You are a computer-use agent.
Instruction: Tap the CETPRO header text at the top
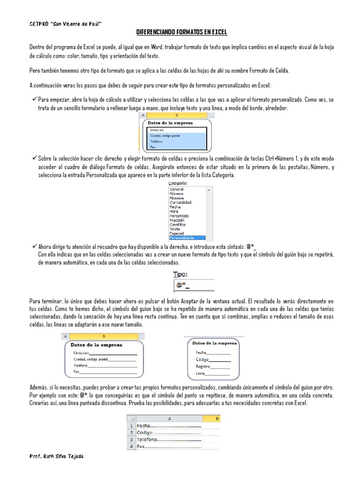[65, 23]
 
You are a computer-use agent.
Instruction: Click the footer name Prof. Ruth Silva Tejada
[57, 456]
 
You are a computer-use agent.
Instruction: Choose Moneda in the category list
[177, 198]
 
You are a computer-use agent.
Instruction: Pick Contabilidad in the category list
[180, 202]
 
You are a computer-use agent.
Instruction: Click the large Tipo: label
[183, 274]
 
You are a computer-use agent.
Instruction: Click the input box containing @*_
[194, 285]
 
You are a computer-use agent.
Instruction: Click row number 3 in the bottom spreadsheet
[131, 440]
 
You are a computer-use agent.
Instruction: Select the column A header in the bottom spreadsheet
[169, 419]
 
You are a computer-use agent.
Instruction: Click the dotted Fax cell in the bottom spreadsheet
[169, 447]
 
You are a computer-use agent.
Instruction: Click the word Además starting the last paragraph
[37, 388]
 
